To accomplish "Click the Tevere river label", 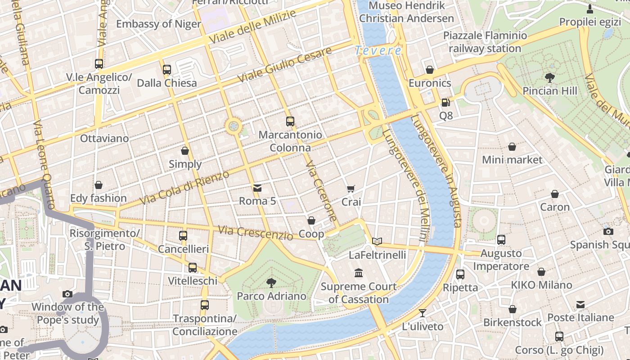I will coord(378,50).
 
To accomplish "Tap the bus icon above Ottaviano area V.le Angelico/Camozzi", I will coord(99,64).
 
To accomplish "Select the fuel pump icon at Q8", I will coord(445,103).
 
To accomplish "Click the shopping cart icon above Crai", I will coord(351,189).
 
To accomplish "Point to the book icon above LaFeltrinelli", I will coord(377,242).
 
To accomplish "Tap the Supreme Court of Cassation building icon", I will coord(359,273).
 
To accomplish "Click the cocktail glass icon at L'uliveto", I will coord(422,313).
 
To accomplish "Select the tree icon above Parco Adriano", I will coord(271,283).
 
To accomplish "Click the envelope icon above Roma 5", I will coord(257,188).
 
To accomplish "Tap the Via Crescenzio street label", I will coord(255,232).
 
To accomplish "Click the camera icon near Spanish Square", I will coord(608,231).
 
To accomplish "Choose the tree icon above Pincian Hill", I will coord(549,77).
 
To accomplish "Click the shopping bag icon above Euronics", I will coord(430,70).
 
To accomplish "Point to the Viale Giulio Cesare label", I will coord(284,64).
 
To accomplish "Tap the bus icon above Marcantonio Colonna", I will coord(290,121).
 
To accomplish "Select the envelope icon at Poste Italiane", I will coord(580,305).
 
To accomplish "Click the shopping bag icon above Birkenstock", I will coord(512,309).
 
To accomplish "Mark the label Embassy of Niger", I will coord(158,24).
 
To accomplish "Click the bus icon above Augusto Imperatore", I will coord(501,240).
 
